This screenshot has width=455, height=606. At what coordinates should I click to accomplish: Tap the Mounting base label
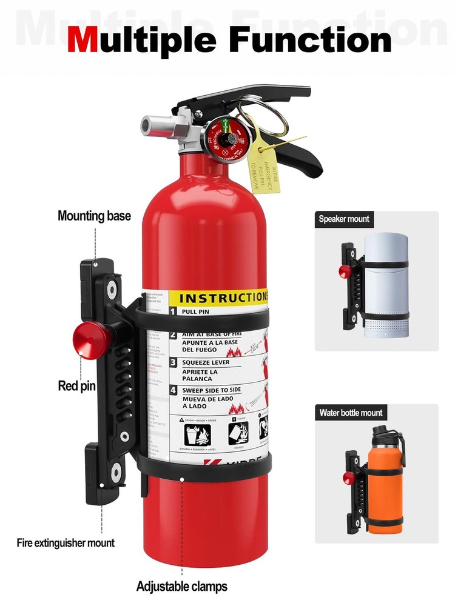coord(94,216)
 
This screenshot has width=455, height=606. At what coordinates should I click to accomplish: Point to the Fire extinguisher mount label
coord(66,542)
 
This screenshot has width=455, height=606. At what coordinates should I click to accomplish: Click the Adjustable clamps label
coord(182,586)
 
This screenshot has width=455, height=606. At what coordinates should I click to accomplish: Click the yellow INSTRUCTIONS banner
coord(218,298)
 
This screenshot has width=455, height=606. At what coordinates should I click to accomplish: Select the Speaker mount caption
coord(344,219)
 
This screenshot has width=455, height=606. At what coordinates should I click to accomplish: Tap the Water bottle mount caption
coord(351,413)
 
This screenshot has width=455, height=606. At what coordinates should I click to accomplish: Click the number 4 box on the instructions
coord(172,391)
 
